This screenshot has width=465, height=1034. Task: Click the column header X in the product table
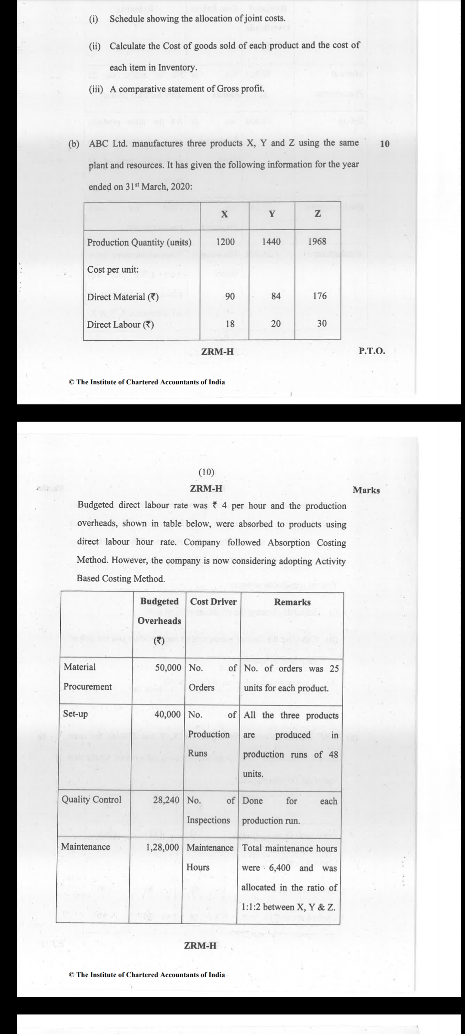click(224, 214)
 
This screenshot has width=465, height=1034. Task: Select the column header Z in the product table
click(318, 214)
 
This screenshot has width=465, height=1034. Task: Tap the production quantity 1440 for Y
click(271, 242)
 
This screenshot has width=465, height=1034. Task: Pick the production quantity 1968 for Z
click(317, 242)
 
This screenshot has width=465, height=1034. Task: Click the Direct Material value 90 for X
click(230, 296)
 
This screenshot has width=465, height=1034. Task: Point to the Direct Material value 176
click(319, 296)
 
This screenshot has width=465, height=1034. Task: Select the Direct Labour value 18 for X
click(230, 324)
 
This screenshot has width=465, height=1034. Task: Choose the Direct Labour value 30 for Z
click(322, 324)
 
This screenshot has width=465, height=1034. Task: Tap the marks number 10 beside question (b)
click(384, 144)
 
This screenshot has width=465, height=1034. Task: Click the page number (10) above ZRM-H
click(206, 472)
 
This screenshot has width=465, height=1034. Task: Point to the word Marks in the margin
click(366, 490)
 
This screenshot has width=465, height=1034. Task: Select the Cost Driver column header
click(213, 602)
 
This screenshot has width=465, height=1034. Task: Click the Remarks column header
click(292, 602)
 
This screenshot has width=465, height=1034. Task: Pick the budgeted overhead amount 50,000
click(168, 668)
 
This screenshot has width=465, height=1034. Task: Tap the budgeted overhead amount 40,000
click(167, 715)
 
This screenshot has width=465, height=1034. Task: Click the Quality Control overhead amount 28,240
click(166, 800)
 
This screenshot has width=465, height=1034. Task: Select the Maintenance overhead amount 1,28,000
click(162, 847)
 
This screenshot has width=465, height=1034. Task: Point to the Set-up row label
click(75, 714)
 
